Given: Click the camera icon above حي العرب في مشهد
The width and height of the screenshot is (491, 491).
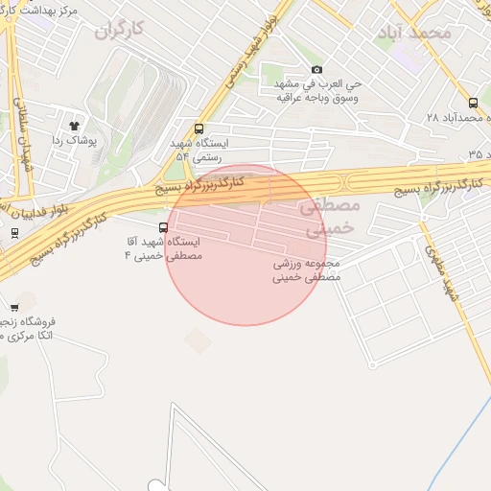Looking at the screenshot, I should click(317, 69).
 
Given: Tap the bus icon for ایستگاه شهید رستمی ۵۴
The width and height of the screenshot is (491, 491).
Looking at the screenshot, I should click(199, 129).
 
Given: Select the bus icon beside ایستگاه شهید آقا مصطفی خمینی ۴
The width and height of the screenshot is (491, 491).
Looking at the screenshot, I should click(164, 228).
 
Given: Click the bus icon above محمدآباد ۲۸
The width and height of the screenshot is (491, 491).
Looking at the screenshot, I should click(473, 103).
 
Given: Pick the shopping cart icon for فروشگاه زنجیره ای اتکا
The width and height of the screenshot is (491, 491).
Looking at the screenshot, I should click(14, 308).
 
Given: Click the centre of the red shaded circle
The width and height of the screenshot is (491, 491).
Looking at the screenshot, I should click(246, 245).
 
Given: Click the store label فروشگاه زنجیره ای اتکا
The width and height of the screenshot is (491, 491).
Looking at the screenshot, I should click(29, 329).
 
